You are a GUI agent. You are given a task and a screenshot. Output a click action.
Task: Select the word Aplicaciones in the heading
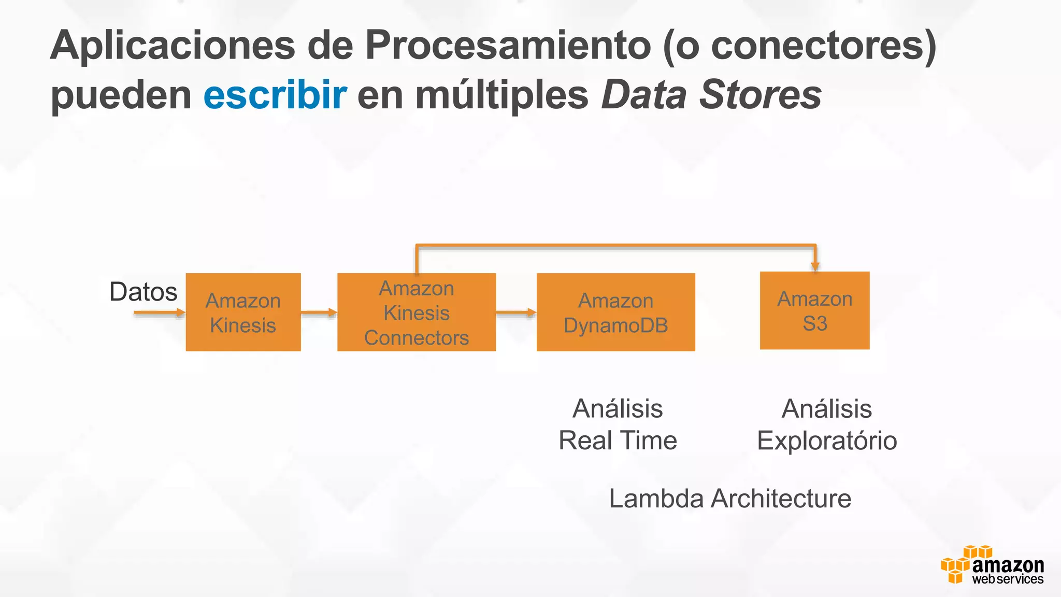(x=172, y=46)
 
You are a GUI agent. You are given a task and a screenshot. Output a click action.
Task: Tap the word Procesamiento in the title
(x=508, y=46)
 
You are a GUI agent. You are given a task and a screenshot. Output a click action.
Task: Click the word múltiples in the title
(x=501, y=96)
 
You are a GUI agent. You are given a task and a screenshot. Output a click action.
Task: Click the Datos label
(x=144, y=292)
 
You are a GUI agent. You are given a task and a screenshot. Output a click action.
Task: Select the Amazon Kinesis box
(x=243, y=312)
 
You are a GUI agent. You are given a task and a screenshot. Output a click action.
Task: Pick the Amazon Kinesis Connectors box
(x=417, y=312)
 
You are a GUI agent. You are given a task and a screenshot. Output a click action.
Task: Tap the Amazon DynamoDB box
(x=615, y=312)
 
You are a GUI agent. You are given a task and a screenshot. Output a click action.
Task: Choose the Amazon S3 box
(x=814, y=310)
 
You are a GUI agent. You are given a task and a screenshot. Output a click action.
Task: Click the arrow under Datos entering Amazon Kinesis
(x=159, y=312)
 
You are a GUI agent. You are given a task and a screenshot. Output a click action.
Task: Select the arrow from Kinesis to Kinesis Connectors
(x=319, y=312)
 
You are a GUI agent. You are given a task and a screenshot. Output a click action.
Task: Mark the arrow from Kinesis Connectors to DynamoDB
(x=515, y=312)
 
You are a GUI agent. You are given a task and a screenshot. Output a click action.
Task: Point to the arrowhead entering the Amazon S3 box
(x=815, y=266)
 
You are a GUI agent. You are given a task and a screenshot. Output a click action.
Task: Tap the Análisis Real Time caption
(x=618, y=424)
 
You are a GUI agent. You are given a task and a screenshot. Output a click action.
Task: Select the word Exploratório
(x=827, y=441)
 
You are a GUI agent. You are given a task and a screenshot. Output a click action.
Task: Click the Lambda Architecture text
(x=730, y=499)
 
